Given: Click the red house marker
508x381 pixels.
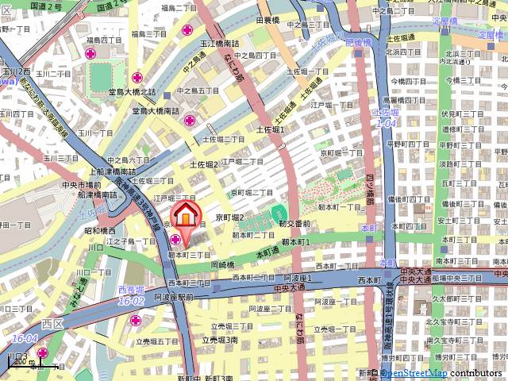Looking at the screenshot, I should tap(185, 215).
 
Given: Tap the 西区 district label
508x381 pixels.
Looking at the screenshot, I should tap(52, 324).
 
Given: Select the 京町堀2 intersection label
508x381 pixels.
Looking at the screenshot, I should tap(230, 217).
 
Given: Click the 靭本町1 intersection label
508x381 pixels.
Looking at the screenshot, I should tap(294, 240).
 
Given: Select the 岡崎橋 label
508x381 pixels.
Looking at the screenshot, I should tap(223, 264).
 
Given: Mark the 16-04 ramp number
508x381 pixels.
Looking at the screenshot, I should tap(25, 338).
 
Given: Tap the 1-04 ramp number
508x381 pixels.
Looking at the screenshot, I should tap(386, 124).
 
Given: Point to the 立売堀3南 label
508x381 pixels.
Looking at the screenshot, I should tap(220, 340).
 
